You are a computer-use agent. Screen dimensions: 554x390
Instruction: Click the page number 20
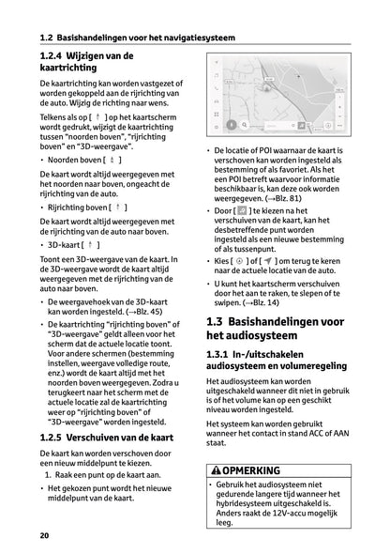(44, 535)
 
